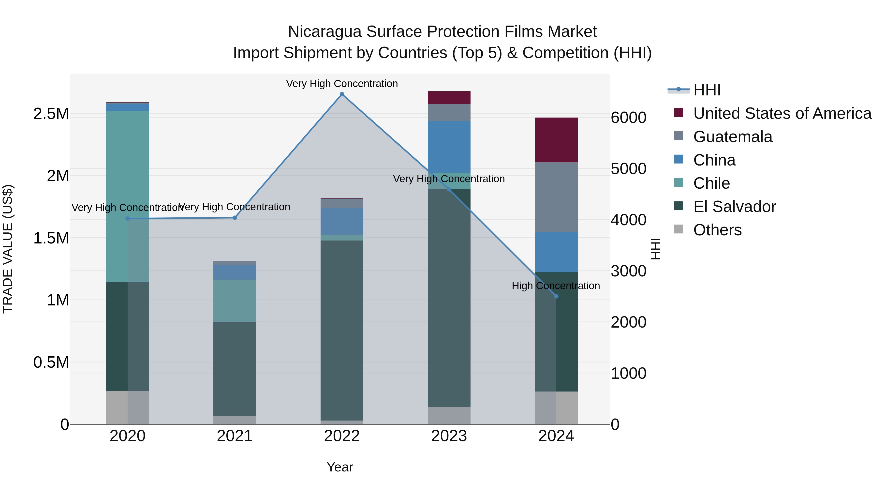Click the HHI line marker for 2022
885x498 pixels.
[x=342, y=94]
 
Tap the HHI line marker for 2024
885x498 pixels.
[x=556, y=296]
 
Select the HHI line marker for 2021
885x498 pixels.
[x=235, y=218]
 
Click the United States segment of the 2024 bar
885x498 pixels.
[x=556, y=140]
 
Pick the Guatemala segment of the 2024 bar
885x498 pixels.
[x=556, y=197]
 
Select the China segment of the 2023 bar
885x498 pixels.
[x=449, y=147]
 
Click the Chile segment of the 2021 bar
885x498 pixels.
[x=235, y=301]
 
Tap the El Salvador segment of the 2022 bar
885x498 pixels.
[x=342, y=330]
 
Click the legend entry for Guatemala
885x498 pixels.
[x=733, y=137]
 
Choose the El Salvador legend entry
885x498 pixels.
[x=734, y=207]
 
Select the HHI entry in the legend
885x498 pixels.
[x=707, y=90]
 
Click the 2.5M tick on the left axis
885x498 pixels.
[x=51, y=114]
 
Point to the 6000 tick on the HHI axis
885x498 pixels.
[x=628, y=118]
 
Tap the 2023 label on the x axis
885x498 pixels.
[x=449, y=436]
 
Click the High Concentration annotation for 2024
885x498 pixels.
[x=556, y=286]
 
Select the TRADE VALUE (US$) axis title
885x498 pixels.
[x=8, y=249]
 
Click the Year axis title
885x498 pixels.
[x=340, y=467]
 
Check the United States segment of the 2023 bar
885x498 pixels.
[x=449, y=98]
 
